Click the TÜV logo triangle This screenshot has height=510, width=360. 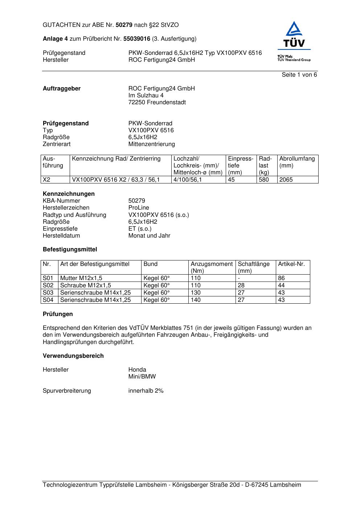coord(294,30)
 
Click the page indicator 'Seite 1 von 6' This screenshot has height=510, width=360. coord(299,75)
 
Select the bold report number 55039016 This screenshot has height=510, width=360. coord(137,39)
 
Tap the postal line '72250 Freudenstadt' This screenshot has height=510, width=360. coord(157,102)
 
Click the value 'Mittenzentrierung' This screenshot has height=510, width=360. coord(151,144)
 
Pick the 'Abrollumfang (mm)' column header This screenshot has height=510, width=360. coord(297,162)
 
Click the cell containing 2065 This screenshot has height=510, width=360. coord(286,180)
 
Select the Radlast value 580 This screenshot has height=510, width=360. coord(264,180)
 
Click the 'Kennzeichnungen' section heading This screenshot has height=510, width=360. coord(69,194)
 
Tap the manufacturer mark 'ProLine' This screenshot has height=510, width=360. coord(139,208)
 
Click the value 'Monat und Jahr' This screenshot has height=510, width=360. coord(149,236)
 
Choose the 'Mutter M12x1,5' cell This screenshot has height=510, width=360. coord(81,278)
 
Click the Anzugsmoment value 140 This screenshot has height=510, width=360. coord(196,300)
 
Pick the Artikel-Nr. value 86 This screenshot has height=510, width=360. coord(281,278)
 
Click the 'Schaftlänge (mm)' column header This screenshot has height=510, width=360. coord(254,267)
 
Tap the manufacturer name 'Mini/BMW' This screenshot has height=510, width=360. coord(142,377)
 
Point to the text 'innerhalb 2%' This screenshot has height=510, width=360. coord(146,391)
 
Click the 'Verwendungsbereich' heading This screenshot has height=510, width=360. coord(73,356)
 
